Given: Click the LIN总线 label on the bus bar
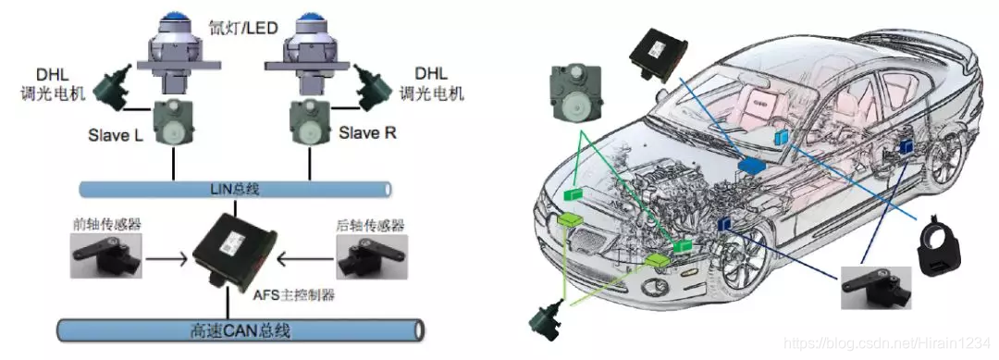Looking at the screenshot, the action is coord(235,189).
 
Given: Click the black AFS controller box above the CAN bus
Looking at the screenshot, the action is coord(236,250).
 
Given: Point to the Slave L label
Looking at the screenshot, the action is coord(117,136).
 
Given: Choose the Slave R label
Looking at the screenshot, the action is coord(367,133).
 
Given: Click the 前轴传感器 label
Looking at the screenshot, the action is coord(105,225).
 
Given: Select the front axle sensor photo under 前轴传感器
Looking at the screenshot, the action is coord(105,254).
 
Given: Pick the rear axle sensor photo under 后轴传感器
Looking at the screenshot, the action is coord(372,256).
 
